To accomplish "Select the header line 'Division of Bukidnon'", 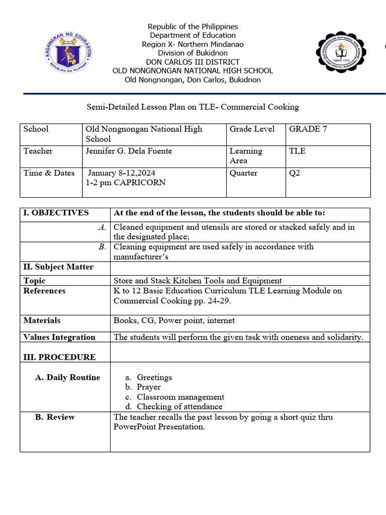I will pyautogui.click(x=192, y=53).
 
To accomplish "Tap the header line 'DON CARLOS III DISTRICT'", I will pyautogui.click(x=192, y=62).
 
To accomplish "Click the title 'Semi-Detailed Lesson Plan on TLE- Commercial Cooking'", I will pyautogui.click(x=193, y=107).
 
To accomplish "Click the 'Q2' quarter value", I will pyautogui.click(x=295, y=173).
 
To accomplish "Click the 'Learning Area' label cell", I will pyautogui.click(x=246, y=156).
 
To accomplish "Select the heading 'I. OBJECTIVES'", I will pyautogui.click(x=56, y=213).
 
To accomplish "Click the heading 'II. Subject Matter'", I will pyautogui.click(x=58, y=267).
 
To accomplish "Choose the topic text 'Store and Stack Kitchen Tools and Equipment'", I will pyautogui.click(x=198, y=281).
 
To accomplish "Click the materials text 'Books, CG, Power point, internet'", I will pyautogui.click(x=174, y=320).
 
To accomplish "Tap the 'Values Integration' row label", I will pyautogui.click(x=59, y=337).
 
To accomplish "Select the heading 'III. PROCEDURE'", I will pyautogui.click(x=59, y=357).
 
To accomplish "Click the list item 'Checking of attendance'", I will pyautogui.click(x=179, y=406).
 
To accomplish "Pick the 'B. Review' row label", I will pyautogui.click(x=55, y=417).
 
